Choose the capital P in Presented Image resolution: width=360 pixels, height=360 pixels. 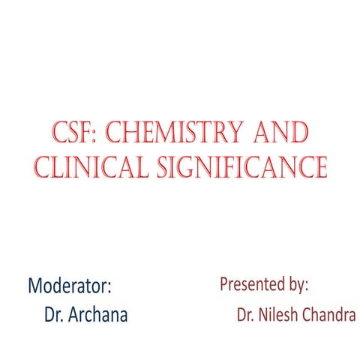[x=223, y=284]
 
